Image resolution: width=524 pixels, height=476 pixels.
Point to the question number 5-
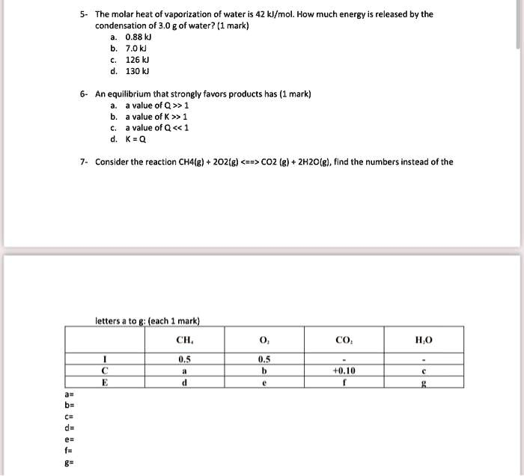[x=85, y=14]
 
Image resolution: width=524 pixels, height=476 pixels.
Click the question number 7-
[x=85, y=161]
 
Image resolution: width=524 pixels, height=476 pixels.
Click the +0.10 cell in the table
[x=343, y=369]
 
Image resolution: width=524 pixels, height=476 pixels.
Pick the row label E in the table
[x=105, y=380]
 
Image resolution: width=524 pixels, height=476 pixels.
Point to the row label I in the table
[x=105, y=358]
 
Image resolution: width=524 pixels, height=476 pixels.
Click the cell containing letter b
[x=263, y=369]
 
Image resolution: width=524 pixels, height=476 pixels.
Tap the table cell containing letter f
[x=343, y=380]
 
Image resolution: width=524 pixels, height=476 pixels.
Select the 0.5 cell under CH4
[x=184, y=358]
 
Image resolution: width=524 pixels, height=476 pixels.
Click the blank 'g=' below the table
[x=70, y=463]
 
